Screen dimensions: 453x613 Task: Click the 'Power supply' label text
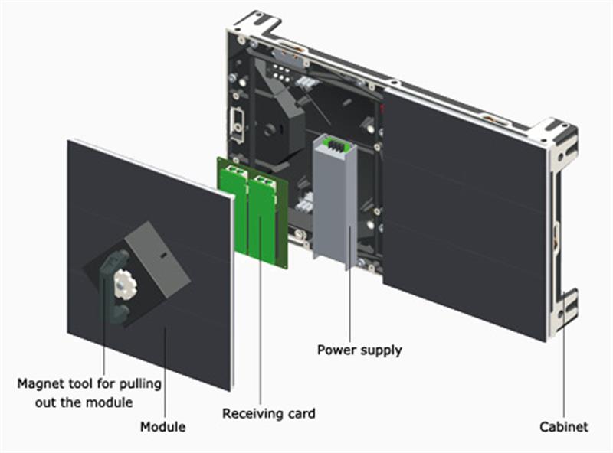click(x=359, y=350)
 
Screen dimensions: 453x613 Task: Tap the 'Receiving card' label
click(x=269, y=413)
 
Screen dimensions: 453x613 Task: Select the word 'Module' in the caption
click(x=162, y=425)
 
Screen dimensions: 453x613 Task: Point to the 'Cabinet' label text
click(x=563, y=426)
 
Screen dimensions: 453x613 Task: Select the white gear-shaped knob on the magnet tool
click(x=122, y=283)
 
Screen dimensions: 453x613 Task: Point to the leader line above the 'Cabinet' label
click(x=565, y=367)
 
